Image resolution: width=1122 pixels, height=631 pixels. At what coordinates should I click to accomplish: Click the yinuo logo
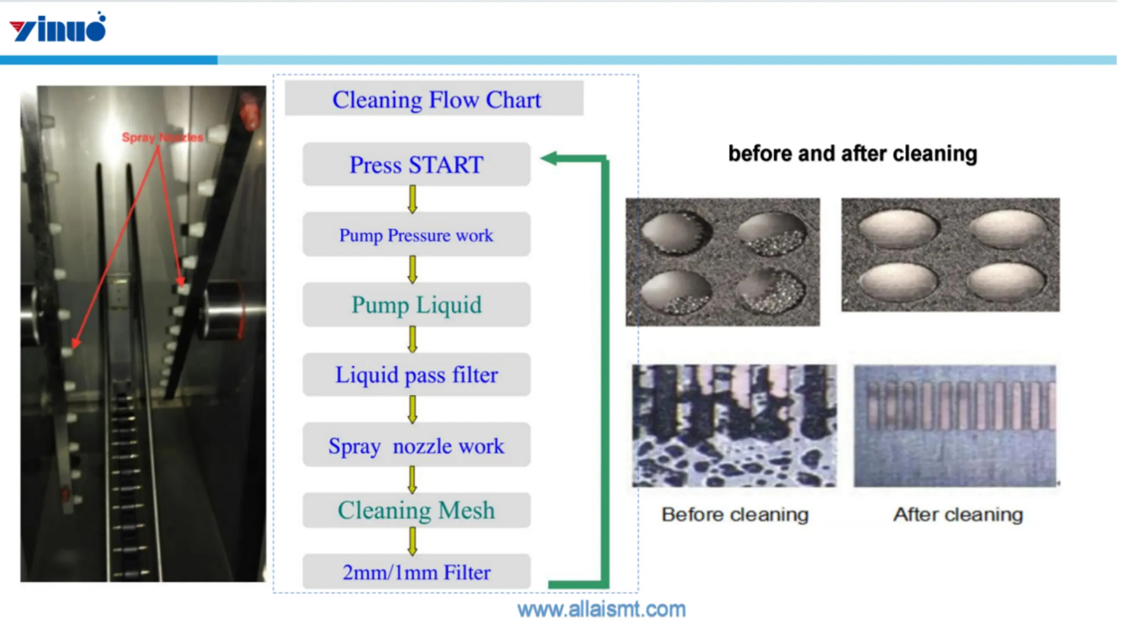(57, 27)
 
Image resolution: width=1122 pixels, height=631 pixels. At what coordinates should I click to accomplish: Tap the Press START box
(416, 164)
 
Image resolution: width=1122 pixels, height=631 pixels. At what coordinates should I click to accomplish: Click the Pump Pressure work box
(416, 234)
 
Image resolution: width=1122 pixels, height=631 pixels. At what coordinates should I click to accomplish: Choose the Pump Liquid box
(416, 305)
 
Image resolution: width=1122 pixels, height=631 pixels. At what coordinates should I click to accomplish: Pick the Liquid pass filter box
(416, 375)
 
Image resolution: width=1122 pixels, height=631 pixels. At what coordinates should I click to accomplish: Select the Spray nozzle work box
(416, 445)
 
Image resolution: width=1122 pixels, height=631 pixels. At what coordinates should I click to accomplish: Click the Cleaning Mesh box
(416, 510)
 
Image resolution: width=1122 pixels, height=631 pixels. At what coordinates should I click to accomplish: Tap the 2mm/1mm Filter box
(416, 571)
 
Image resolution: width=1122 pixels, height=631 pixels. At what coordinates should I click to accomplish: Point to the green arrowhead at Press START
(549, 158)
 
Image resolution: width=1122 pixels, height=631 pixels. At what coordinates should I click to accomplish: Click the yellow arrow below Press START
(412, 199)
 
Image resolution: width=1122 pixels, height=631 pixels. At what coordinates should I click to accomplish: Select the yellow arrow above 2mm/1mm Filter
(412, 541)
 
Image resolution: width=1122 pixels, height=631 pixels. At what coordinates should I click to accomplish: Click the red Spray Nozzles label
(163, 137)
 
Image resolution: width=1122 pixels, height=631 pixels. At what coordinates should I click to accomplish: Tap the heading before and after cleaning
(853, 154)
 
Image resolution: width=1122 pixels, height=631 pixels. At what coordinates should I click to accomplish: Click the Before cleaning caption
(735, 514)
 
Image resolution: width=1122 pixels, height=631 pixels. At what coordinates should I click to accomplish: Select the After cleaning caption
(958, 514)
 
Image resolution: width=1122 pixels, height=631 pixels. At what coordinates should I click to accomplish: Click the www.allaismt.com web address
(601, 610)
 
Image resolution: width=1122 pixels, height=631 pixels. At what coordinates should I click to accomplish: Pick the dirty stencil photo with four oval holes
(723, 262)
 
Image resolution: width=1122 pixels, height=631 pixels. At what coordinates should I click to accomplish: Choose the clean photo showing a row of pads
(955, 425)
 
